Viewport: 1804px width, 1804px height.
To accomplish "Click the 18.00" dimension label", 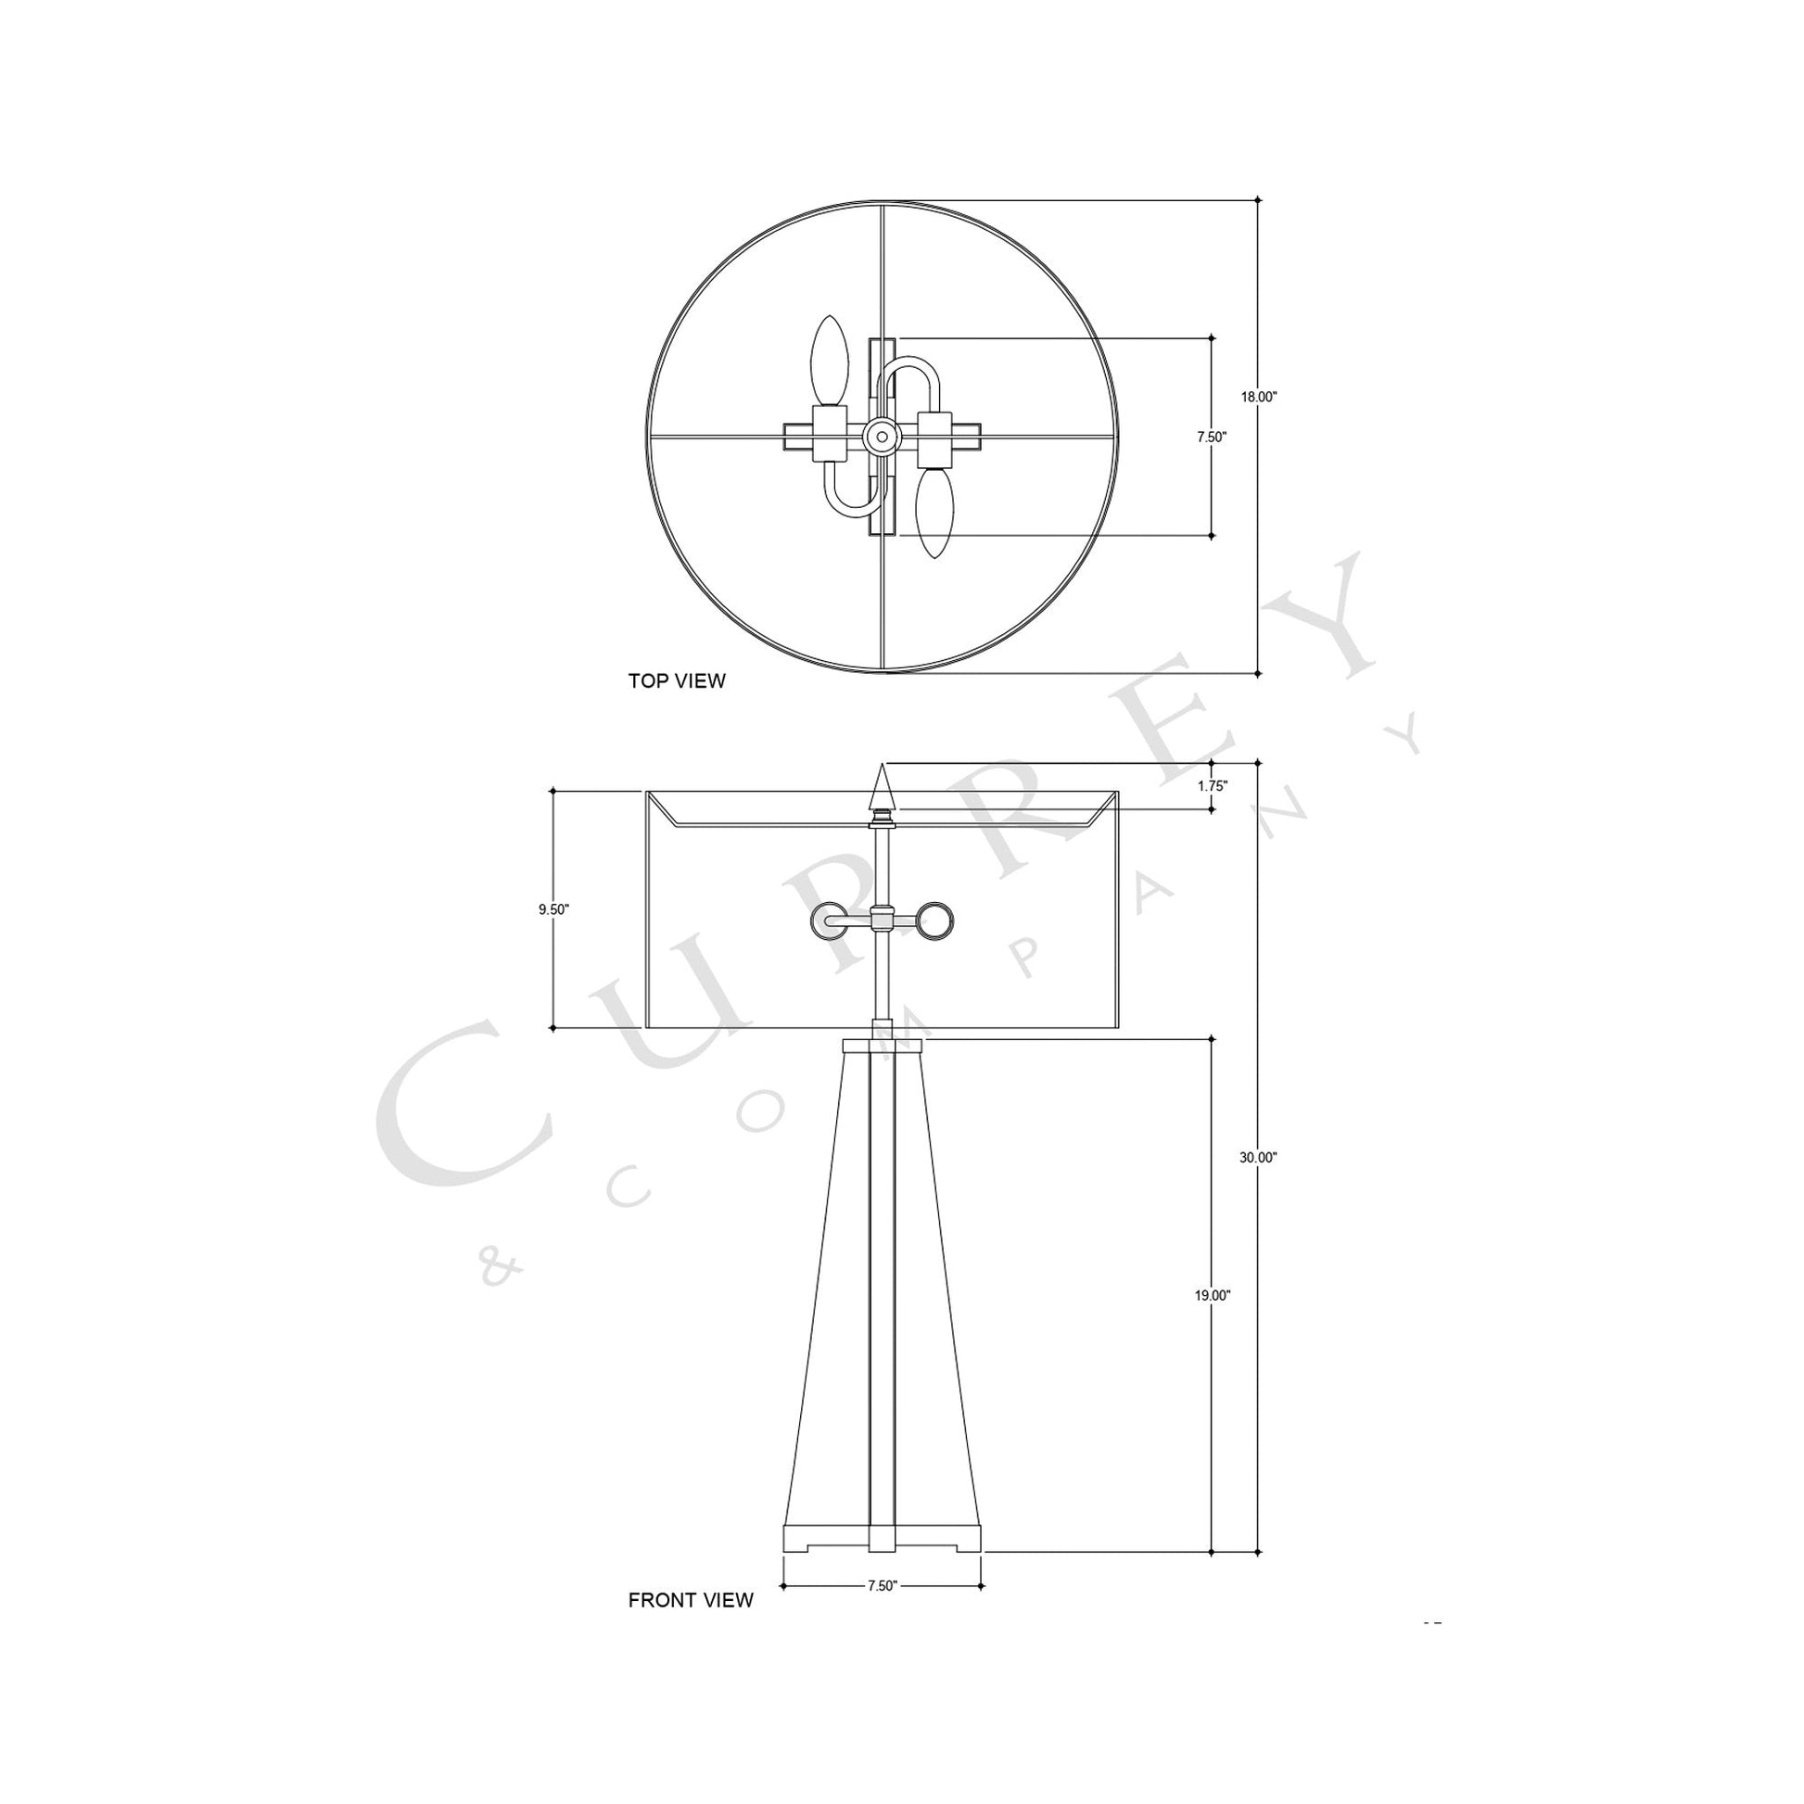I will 1258,397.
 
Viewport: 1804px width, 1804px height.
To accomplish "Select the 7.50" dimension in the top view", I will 1211,437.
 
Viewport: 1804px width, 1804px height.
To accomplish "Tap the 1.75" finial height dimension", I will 1212,786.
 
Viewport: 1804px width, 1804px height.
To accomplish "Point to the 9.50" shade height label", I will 553,909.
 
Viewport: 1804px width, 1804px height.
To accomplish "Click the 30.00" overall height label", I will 1258,1157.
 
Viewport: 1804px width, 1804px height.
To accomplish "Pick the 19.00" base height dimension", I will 1211,1295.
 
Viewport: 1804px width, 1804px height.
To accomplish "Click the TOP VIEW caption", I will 676,680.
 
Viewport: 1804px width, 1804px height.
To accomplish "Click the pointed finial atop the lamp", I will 882,787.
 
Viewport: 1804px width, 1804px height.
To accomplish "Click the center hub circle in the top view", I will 881,435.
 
